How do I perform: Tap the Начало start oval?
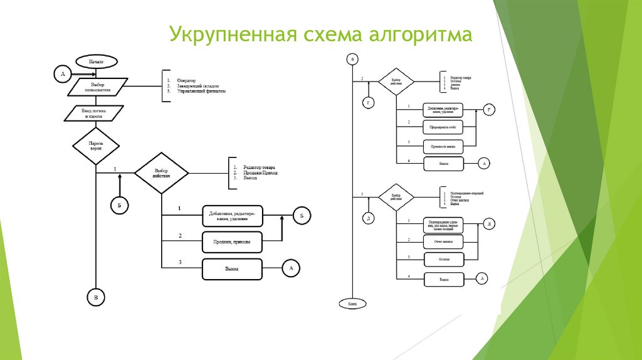click(96, 62)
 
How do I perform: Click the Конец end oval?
click(352, 304)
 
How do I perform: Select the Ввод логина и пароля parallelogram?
click(96, 114)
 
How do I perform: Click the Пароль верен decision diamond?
click(96, 147)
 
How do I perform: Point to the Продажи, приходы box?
click(232, 242)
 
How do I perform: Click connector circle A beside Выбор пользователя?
click(62, 75)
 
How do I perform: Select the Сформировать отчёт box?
click(443, 128)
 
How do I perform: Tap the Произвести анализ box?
click(443, 147)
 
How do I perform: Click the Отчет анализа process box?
click(443, 241)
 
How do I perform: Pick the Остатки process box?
click(443, 259)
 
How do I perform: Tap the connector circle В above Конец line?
click(352, 60)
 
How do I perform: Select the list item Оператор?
click(186, 80)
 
